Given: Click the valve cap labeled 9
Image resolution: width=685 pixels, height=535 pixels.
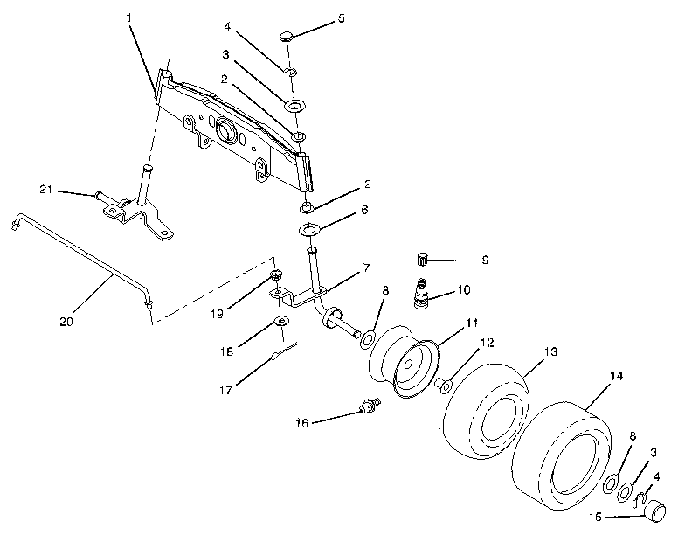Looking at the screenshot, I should pyautogui.click(x=423, y=259).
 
